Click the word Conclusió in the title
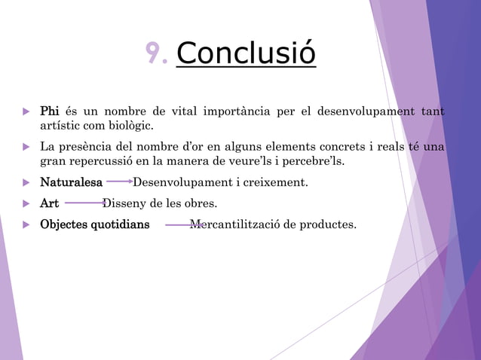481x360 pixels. coord(246,53)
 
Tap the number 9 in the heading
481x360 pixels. coord(155,53)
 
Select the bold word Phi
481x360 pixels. coord(50,112)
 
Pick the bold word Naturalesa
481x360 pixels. coord(71,182)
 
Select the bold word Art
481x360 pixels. coord(49,203)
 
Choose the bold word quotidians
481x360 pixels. coord(120,224)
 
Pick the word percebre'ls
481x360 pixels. coord(311,160)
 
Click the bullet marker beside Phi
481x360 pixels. coord(27,112)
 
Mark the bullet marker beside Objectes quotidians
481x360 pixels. coord(27,224)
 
